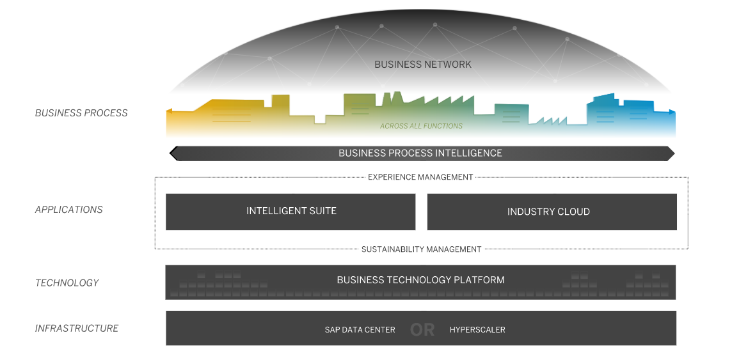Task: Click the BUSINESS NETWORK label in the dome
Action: (422, 65)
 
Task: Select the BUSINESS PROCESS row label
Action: (81, 113)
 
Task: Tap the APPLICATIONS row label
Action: (68, 210)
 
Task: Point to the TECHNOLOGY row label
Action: (67, 283)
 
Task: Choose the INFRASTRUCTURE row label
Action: (77, 329)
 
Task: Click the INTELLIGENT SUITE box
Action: (290, 212)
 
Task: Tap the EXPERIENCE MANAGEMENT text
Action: (420, 177)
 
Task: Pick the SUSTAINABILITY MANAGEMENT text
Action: (421, 249)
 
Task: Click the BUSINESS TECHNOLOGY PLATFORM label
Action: (420, 280)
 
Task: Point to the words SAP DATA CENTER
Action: (360, 330)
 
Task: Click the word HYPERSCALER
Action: (477, 330)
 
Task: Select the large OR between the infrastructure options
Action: (422, 330)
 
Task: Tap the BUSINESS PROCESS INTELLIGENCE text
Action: (420, 153)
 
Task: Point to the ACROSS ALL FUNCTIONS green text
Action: (421, 126)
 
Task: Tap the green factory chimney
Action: (386, 98)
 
